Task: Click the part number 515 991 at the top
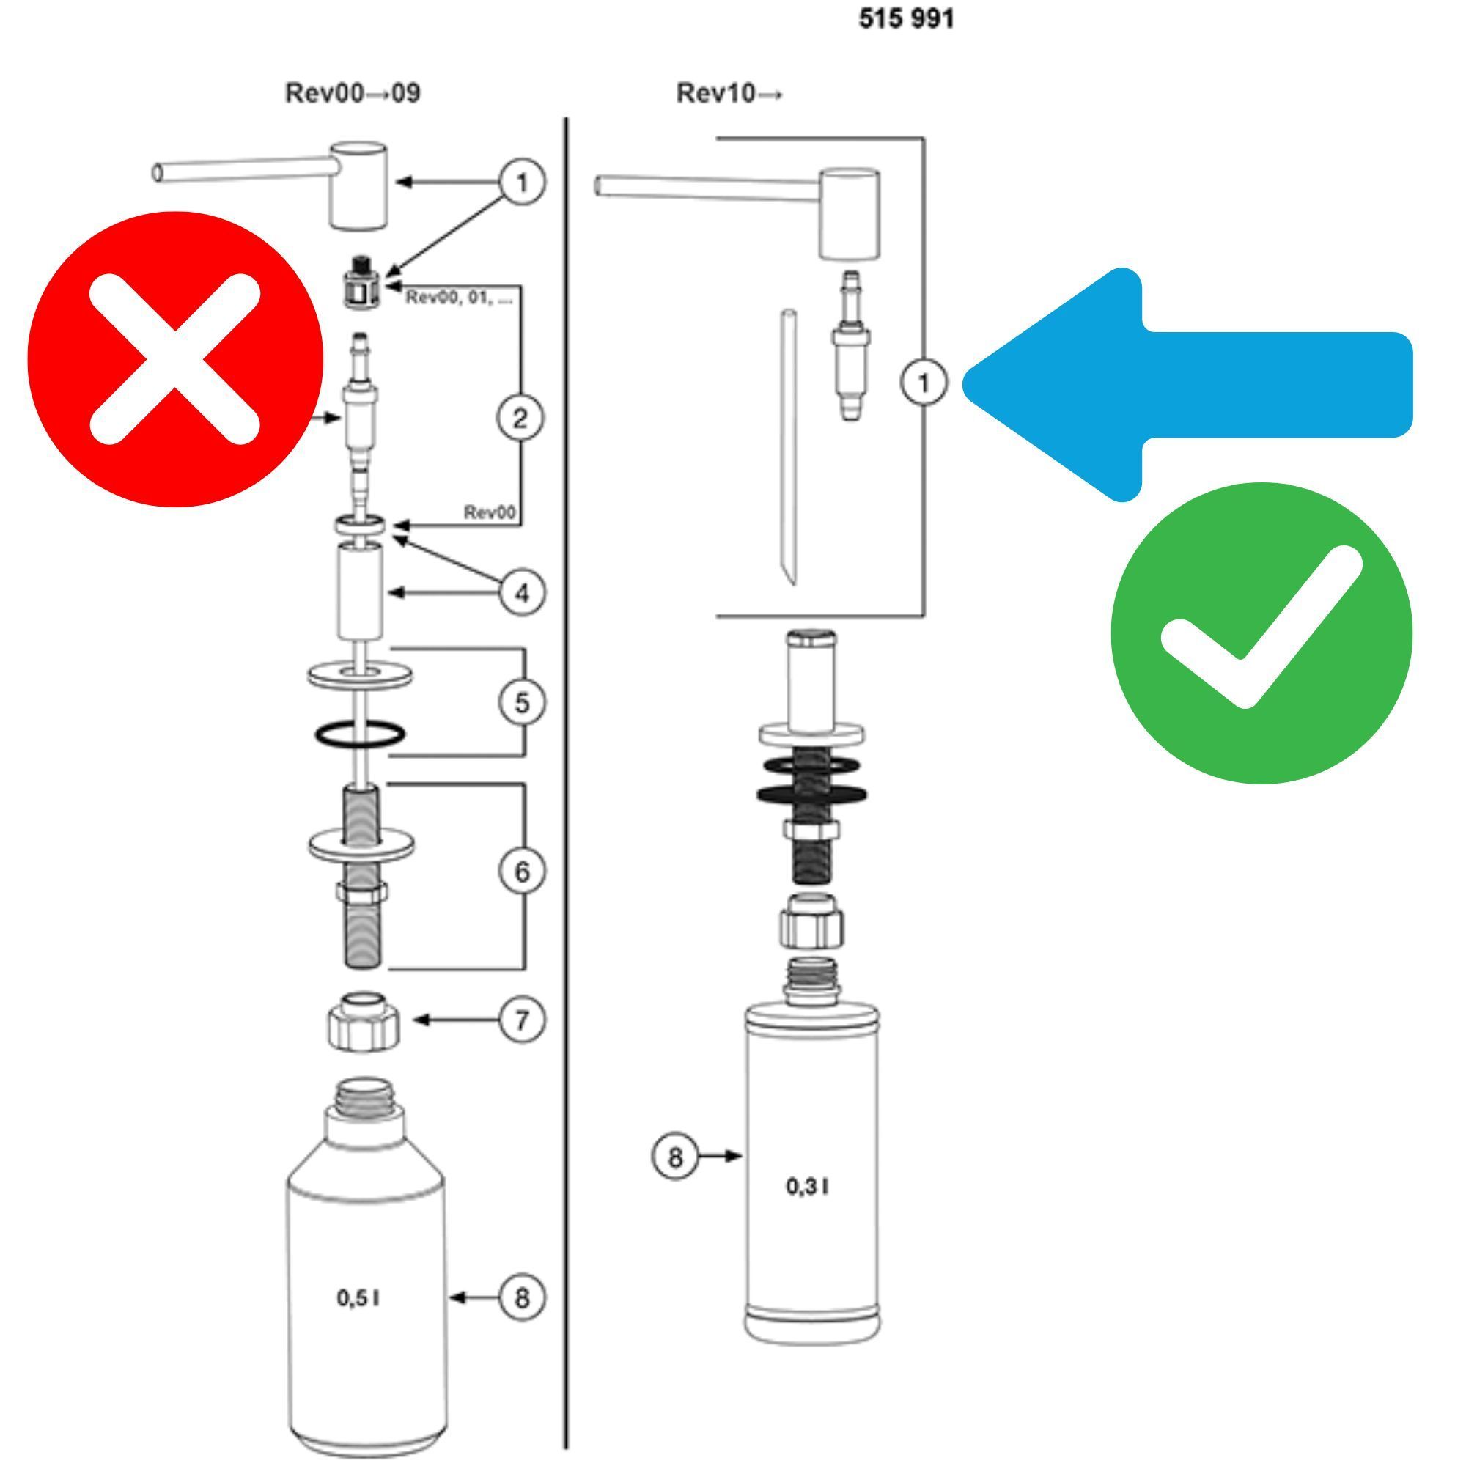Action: (x=906, y=18)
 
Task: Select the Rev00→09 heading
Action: (x=353, y=93)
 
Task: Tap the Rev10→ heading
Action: (x=729, y=93)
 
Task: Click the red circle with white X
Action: (x=175, y=359)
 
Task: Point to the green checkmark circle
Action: (x=1261, y=633)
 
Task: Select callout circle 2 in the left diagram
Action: (x=520, y=418)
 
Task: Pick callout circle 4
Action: (x=522, y=592)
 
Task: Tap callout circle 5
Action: (x=522, y=703)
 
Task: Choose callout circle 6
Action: (x=522, y=871)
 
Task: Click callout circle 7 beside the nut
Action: (x=522, y=1020)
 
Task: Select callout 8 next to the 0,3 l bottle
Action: (x=674, y=1157)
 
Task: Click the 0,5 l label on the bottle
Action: (x=359, y=1298)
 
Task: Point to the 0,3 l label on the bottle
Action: (x=806, y=1186)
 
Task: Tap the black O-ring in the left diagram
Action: (x=361, y=734)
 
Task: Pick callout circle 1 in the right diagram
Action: (x=924, y=383)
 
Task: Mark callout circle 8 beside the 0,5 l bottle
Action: (x=522, y=1297)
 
